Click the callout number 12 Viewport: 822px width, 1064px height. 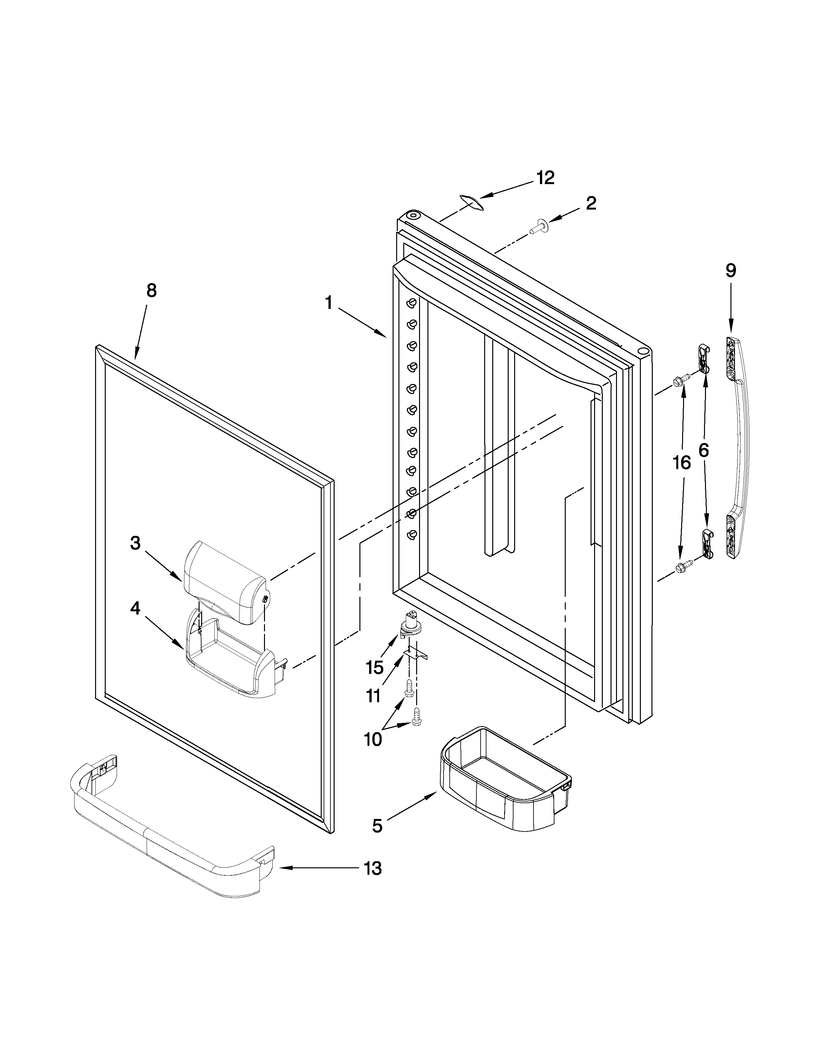click(x=545, y=178)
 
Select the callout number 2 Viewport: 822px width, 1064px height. click(x=591, y=203)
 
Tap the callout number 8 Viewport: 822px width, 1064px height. click(x=152, y=291)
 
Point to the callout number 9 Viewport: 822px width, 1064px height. click(x=730, y=271)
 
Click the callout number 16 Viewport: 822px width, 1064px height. click(x=681, y=463)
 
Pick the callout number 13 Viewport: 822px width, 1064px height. click(x=373, y=868)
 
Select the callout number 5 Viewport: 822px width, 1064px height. click(x=377, y=825)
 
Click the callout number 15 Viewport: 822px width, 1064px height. click(x=375, y=667)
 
